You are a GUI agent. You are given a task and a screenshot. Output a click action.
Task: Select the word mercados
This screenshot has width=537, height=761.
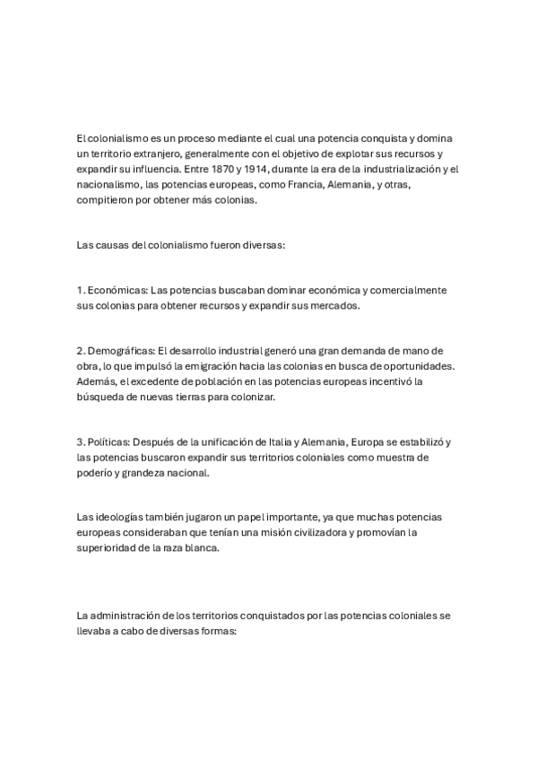click(x=333, y=305)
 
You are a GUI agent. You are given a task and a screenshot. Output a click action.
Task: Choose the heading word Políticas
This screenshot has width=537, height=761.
click(x=109, y=442)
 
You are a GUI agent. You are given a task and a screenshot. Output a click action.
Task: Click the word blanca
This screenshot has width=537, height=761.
click(x=199, y=549)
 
